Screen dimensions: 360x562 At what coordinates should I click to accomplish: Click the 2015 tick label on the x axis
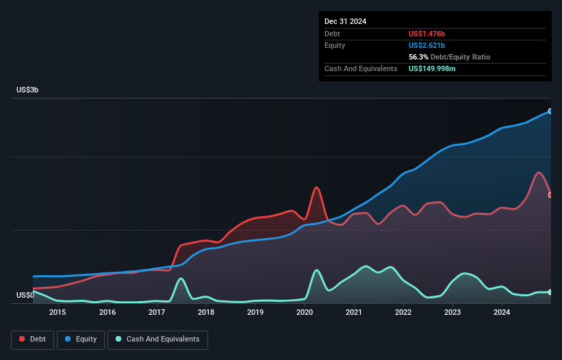coord(58,313)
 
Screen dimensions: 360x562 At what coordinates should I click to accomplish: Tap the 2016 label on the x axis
coord(107,313)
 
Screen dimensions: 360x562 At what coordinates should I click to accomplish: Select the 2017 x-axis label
coord(157,313)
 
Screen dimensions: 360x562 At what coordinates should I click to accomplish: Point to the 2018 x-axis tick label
coord(206,313)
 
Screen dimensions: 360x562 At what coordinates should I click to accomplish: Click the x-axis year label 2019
coord(255,313)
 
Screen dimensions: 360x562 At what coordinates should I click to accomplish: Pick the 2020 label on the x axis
coord(305,313)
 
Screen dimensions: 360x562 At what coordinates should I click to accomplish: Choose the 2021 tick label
coord(354,313)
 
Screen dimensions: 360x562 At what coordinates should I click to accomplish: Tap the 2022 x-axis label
coord(403,313)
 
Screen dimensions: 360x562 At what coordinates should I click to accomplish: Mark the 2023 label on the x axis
coord(452,313)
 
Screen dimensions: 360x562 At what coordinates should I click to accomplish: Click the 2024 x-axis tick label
coord(502,313)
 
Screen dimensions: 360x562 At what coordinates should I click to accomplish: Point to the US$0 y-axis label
coord(26,296)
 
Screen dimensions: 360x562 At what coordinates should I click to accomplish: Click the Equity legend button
coord(81,339)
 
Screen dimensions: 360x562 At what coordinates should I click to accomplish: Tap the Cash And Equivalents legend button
coord(157,339)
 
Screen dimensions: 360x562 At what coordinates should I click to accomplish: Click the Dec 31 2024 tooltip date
coord(345,21)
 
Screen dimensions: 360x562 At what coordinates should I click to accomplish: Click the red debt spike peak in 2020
coord(316,188)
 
